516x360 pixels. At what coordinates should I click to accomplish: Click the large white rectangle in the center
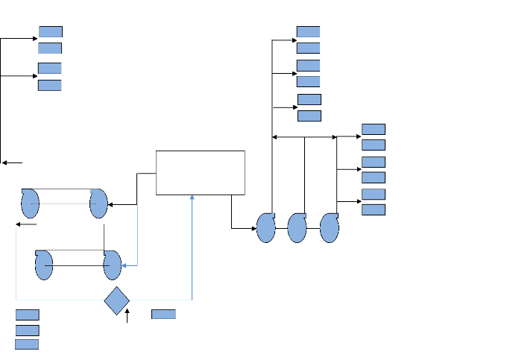coord(200,172)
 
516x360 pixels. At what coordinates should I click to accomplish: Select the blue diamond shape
coord(117,300)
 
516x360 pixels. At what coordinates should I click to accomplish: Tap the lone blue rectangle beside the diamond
coord(163,314)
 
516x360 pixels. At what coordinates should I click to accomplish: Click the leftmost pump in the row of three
coord(265,227)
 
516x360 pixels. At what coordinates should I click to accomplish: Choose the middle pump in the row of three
coord(297,227)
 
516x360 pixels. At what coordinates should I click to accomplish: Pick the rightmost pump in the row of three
coord(329,227)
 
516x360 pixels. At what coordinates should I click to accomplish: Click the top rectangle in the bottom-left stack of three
coord(27,315)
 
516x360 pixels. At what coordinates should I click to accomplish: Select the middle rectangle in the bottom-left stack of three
coord(27,329)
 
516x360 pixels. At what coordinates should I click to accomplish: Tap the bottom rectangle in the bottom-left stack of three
coord(27,344)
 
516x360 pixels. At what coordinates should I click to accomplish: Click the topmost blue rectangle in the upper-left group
coord(50,31)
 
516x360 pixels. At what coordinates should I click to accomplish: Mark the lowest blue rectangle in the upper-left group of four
coord(49,85)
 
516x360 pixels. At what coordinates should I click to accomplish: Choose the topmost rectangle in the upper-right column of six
coord(308,31)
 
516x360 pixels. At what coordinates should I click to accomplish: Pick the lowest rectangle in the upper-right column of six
coord(309,116)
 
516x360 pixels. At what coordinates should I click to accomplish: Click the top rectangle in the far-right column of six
coord(374,129)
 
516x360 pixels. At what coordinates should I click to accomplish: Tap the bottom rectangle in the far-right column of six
coord(374,209)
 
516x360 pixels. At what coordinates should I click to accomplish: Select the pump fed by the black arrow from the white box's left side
coord(98,203)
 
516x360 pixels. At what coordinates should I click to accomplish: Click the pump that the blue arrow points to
coord(112,265)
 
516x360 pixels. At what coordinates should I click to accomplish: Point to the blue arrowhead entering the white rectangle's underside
coord(192,198)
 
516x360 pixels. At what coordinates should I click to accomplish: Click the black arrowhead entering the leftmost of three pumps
coord(254,228)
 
